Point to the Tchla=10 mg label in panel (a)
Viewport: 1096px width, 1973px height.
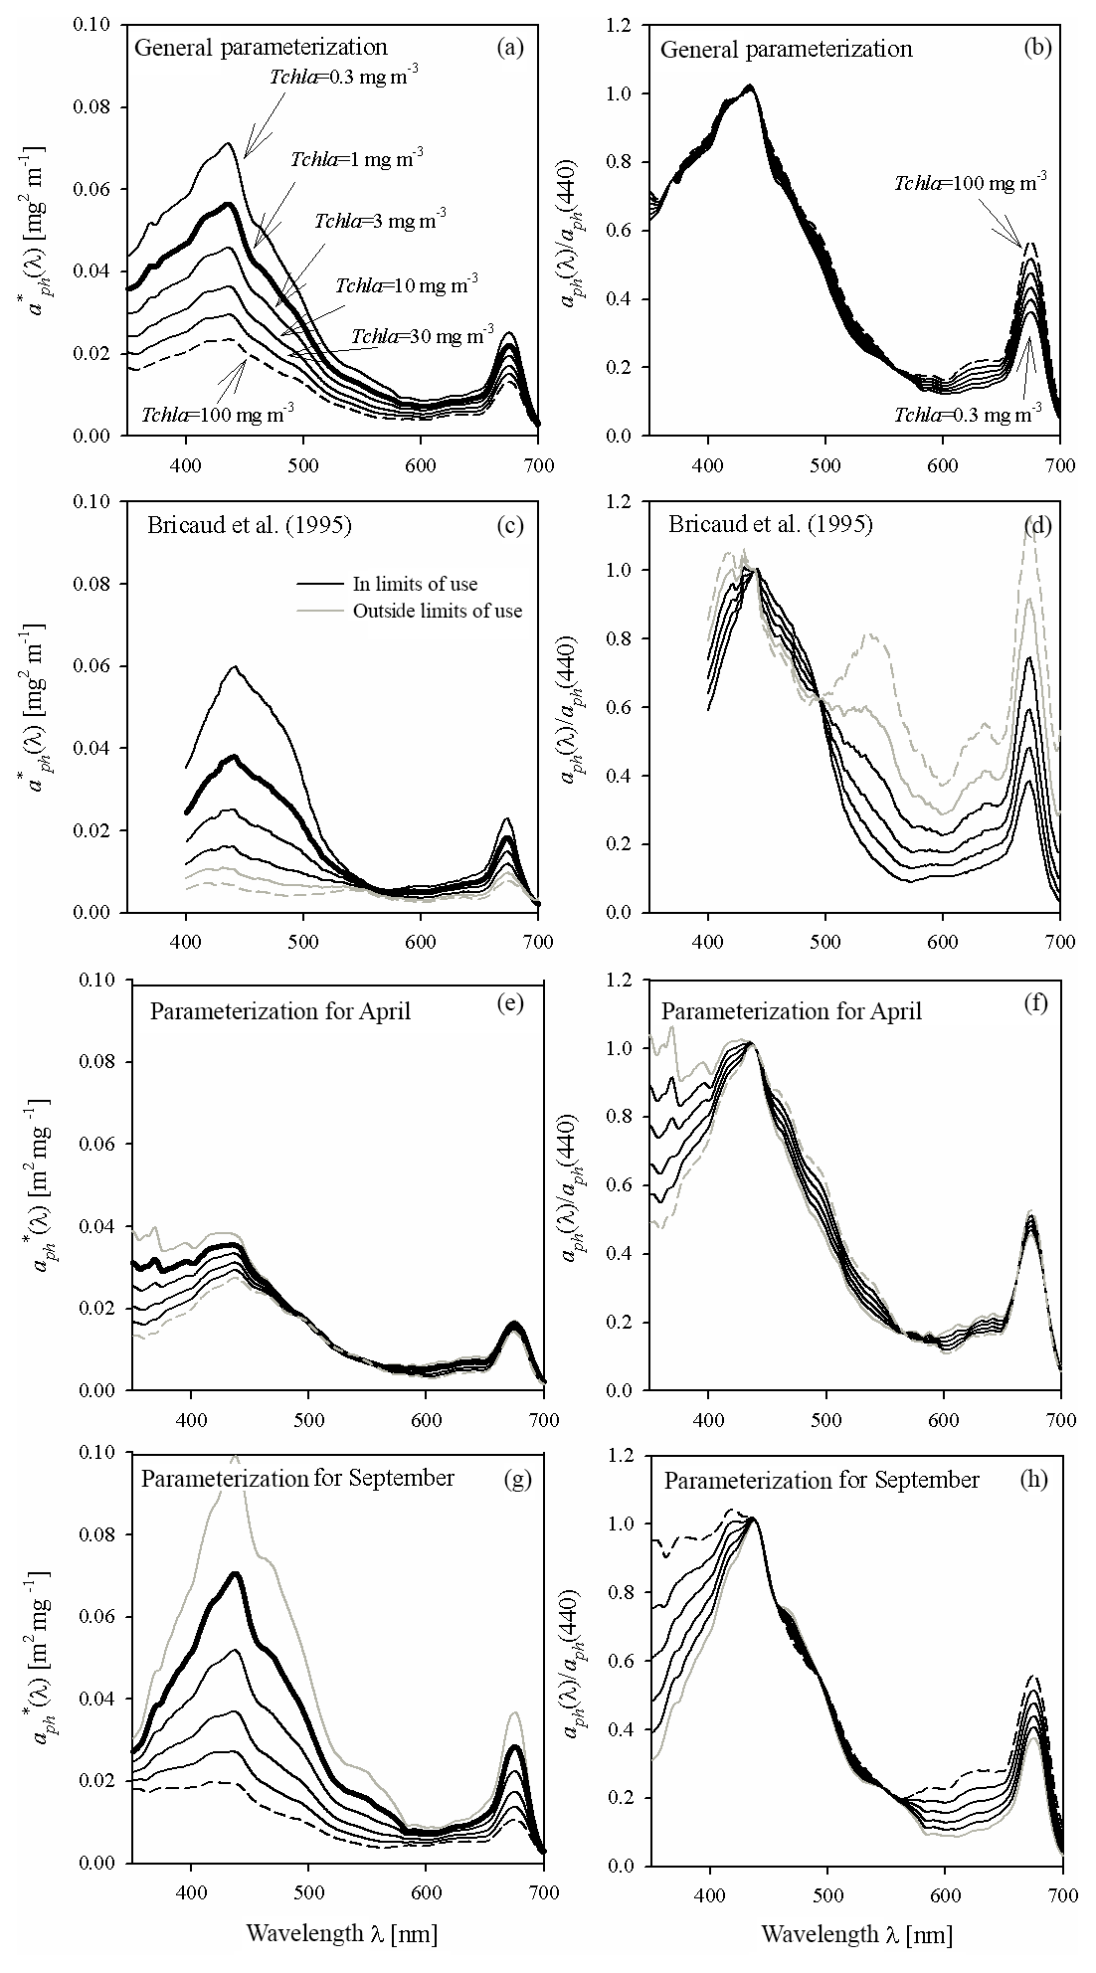click(407, 286)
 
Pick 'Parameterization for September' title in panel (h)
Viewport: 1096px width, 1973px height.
click(822, 1480)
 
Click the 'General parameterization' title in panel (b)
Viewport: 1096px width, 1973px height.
click(787, 49)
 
